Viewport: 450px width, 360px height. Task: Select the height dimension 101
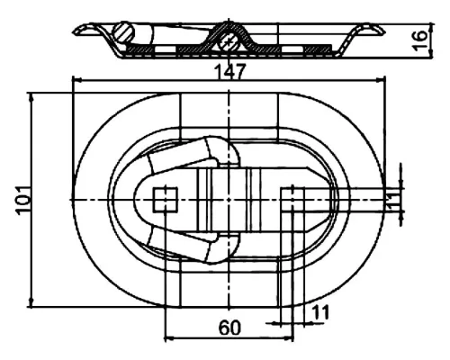[22, 200]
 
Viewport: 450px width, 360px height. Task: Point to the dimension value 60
[229, 328]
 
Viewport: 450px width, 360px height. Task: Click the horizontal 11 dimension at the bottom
[320, 312]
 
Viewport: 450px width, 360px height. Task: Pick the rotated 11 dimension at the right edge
[393, 201]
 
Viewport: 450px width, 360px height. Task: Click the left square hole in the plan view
[166, 200]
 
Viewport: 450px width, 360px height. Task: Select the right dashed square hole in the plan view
[292, 200]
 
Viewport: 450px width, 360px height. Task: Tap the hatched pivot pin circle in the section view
[229, 42]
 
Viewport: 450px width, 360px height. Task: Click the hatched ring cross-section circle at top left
[123, 32]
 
